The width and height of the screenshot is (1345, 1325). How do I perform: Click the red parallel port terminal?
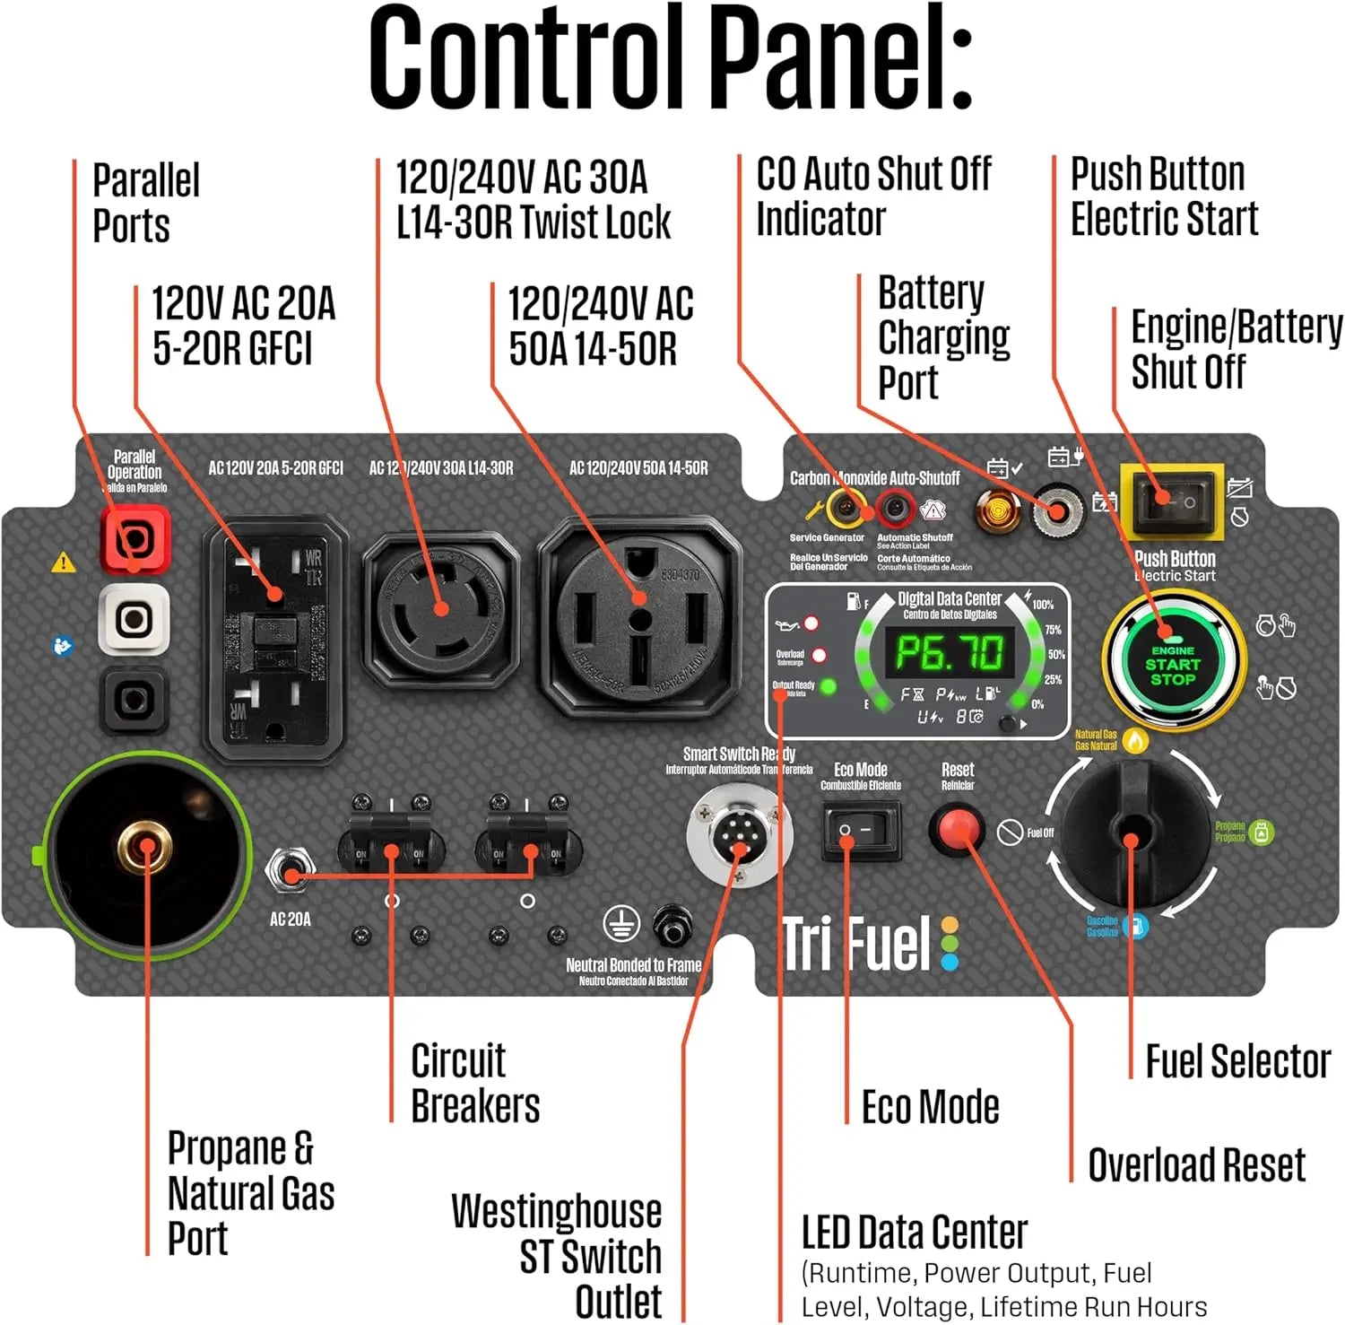click(134, 538)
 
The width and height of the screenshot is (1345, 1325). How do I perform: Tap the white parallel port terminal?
click(134, 618)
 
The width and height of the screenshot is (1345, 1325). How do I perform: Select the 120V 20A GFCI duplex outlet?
click(274, 639)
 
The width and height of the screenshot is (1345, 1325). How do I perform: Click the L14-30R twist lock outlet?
click(441, 608)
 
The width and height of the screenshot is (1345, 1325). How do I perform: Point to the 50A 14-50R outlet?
click(640, 618)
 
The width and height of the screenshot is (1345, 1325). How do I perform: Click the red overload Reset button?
click(956, 829)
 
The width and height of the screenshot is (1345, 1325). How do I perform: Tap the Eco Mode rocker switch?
click(861, 831)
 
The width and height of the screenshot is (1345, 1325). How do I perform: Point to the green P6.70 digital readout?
click(950, 652)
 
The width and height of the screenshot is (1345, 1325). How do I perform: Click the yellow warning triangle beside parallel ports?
click(64, 562)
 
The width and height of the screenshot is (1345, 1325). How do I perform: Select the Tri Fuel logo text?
click(856, 945)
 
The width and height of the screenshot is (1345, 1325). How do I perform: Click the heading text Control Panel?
click(671, 58)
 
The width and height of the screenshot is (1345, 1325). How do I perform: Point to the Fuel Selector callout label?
click(1237, 1061)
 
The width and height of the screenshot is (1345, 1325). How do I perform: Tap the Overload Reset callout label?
click(1196, 1165)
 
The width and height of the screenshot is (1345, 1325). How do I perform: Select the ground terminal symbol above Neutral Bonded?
click(621, 924)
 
